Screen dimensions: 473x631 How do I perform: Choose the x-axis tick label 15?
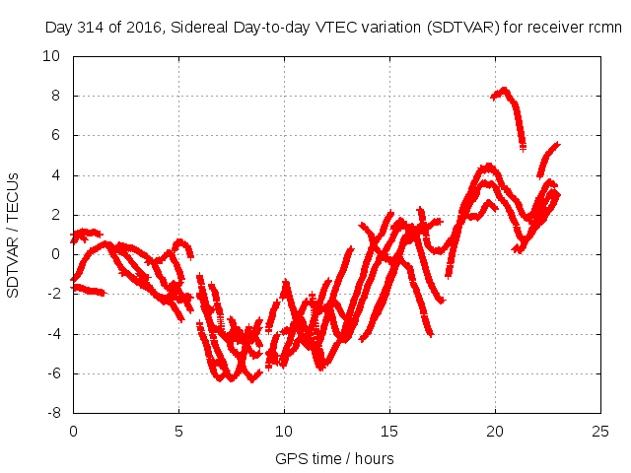click(389, 432)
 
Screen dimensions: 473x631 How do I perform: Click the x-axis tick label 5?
click(178, 432)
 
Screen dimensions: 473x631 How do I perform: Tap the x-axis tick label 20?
click(495, 432)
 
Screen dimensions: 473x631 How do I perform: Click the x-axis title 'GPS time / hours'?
click(336, 458)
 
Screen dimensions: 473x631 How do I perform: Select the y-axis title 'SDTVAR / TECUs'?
click(14, 235)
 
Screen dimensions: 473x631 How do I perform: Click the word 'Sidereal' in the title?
click(200, 28)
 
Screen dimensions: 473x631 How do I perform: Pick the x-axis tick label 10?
click(284, 432)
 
